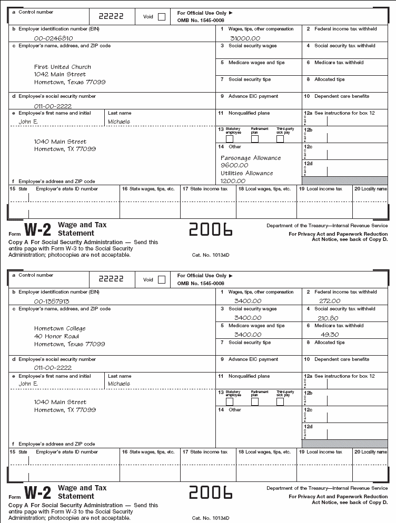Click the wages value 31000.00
pos(245,38)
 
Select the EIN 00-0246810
pos(54,38)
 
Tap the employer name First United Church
pos(63,67)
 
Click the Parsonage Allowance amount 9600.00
pos(234,165)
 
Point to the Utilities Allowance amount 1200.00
pos(234,180)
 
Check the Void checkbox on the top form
pos(161,17)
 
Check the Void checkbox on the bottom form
pos(161,280)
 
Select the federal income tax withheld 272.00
pos(330,301)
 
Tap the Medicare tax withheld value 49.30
pos(330,335)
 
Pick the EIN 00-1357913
pos(52,301)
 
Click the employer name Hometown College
pos(60,328)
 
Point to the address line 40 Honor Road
pos(57,336)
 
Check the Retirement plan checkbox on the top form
pos(255,139)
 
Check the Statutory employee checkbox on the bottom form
pos(230,402)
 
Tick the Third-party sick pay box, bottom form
pos(280,402)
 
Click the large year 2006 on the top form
pos(211,229)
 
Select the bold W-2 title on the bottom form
pos(38,492)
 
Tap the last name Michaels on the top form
pos(119,122)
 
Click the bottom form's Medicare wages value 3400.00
pos(247,335)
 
